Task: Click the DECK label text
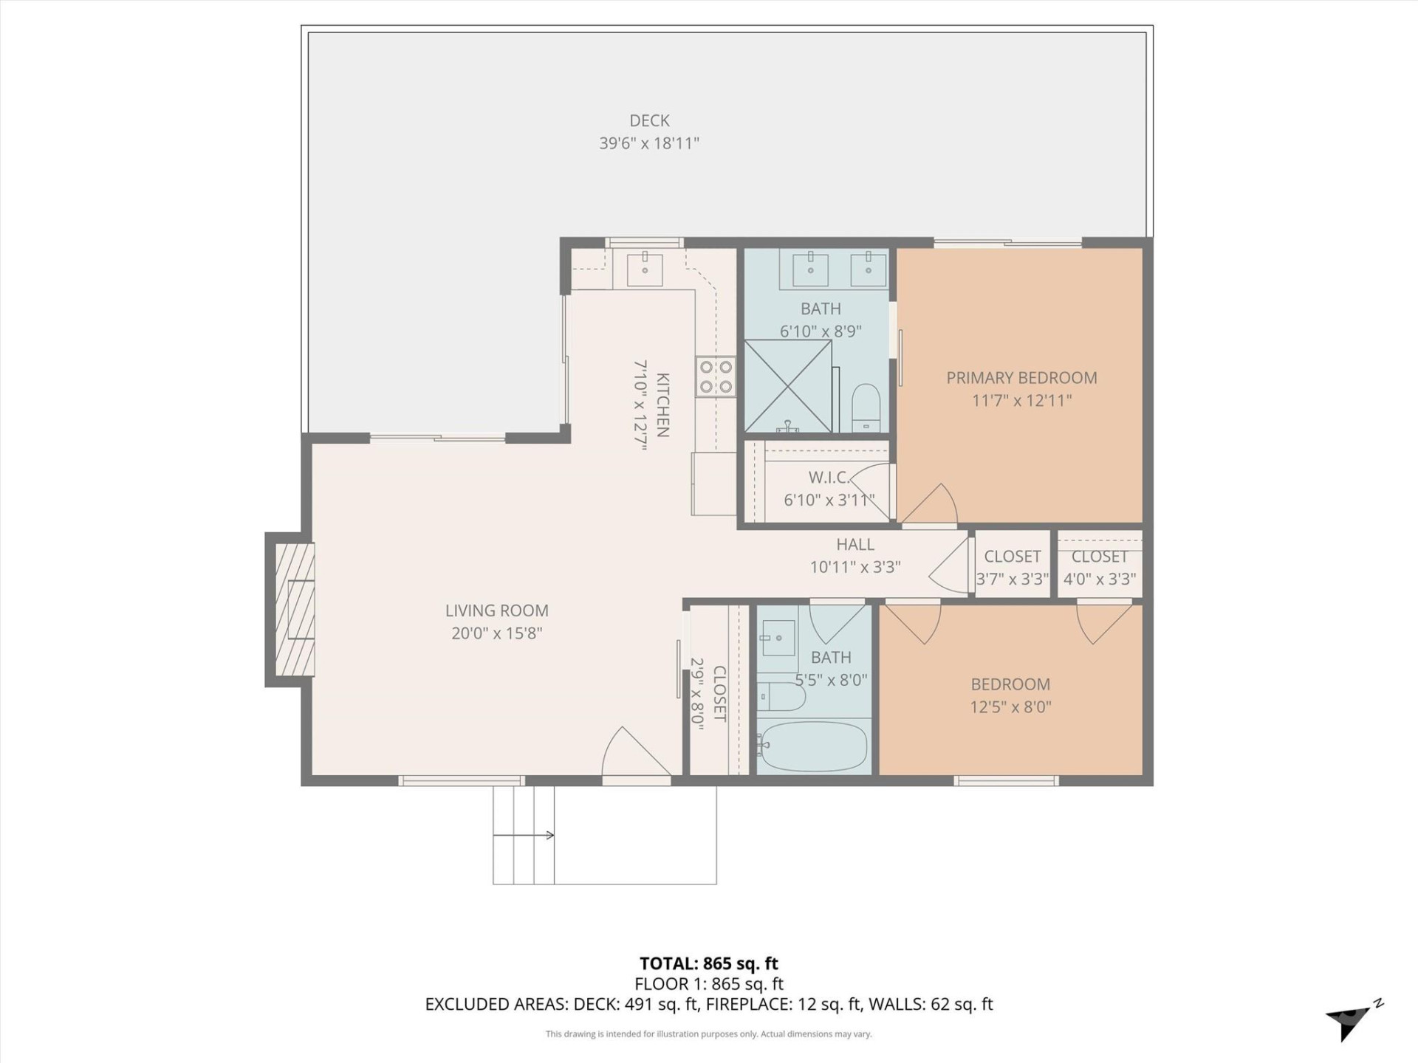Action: pos(649,120)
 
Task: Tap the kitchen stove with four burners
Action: pos(716,376)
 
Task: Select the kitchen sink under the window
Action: pos(645,269)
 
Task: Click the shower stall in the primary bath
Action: pos(788,386)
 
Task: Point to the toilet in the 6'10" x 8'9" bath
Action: pos(866,407)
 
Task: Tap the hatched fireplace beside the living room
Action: pos(294,610)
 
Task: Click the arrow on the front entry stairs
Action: pos(524,835)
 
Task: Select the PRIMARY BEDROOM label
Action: pos(1021,378)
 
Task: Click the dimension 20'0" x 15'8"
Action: pos(497,633)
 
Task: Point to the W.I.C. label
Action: pos(828,478)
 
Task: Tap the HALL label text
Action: pos(855,545)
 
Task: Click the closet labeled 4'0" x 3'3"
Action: pos(1099,567)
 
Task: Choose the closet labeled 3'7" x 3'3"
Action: pos(1012,567)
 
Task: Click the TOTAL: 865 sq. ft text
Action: pos(708,963)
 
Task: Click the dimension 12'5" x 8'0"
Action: pos(1010,707)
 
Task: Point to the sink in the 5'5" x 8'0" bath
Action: pos(777,638)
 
